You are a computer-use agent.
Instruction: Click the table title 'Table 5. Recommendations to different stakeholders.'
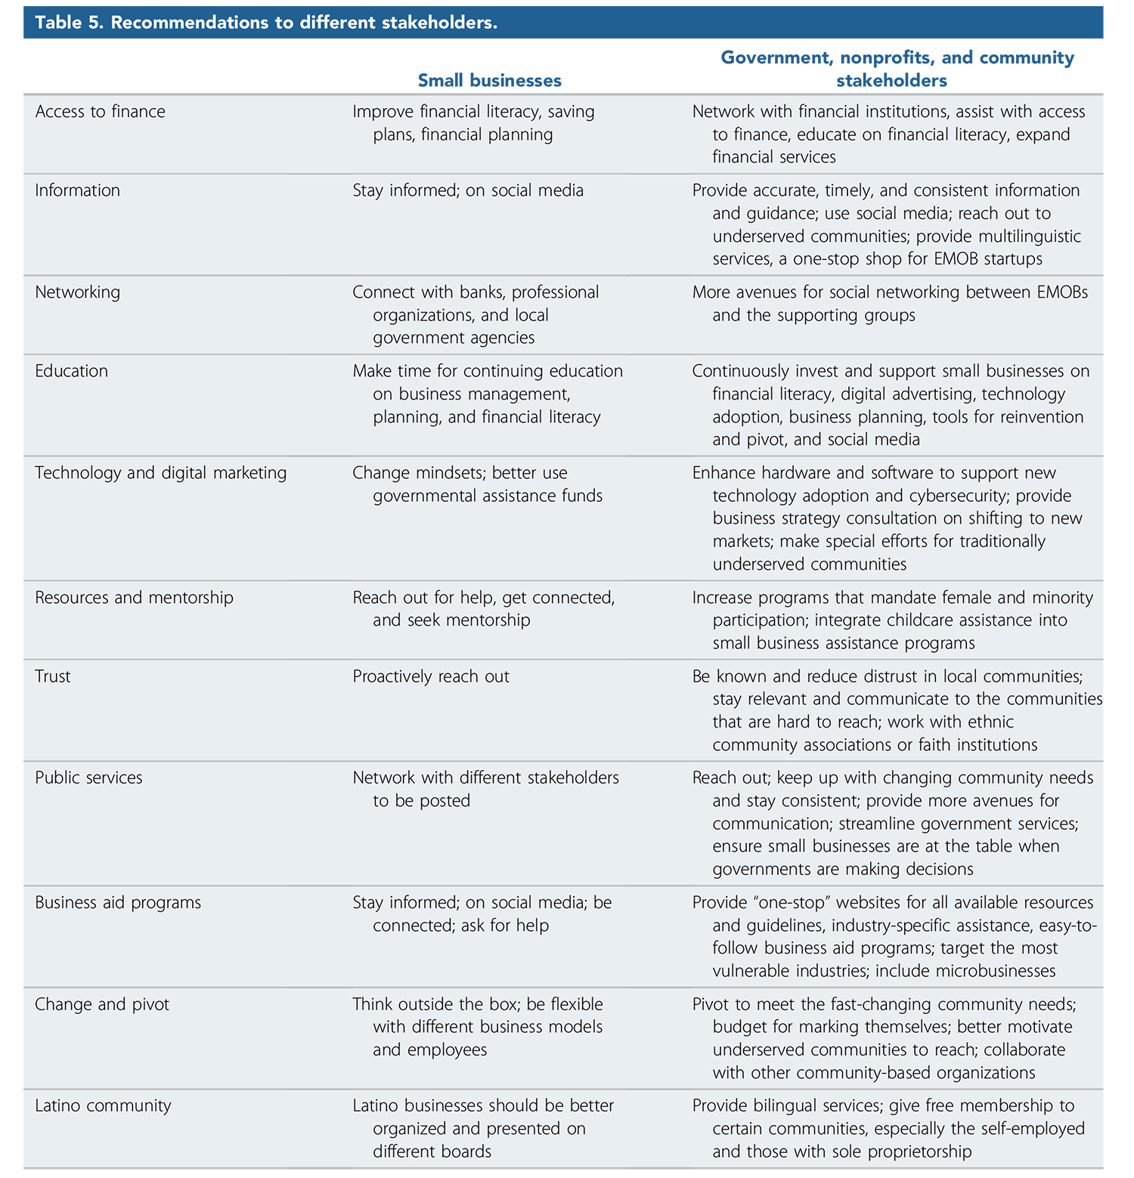(x=266, y=23)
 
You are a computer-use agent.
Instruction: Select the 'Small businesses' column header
(x=489, y=80)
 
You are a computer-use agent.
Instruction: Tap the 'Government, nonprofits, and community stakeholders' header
(x=897, y=69)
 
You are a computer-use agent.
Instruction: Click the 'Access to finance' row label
(x=100, y=112)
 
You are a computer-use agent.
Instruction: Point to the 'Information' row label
(x=77, y=190)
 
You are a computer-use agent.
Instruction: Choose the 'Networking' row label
(x=77, y=292)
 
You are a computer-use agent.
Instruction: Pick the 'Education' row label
(x=71, y=371)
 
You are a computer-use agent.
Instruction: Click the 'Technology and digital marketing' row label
(x=160, y=473)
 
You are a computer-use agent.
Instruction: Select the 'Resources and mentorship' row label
(x=134, y=598)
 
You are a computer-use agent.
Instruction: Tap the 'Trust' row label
(x=52, y=676)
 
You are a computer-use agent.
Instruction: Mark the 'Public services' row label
(x=88, y=778)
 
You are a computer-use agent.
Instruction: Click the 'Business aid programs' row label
(x=118, y=903)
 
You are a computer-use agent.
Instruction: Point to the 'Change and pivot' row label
(x=102, y=1005)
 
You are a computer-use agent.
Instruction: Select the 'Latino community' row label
(x=103, y=1106)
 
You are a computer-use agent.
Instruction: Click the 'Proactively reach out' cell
(x=431, y=676)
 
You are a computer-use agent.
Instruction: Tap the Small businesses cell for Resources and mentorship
(x=483, y=608)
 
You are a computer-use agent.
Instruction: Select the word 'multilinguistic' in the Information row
(x=1024, y=237)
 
